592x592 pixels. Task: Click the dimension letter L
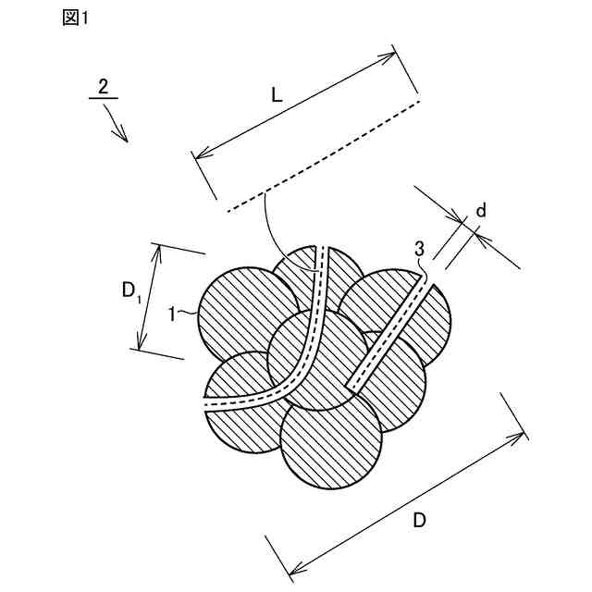coord(277,94)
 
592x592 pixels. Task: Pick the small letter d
coord(480,211)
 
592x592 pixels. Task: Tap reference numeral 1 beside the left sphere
coord(173,314)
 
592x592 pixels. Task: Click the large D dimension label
coord(419,521)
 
